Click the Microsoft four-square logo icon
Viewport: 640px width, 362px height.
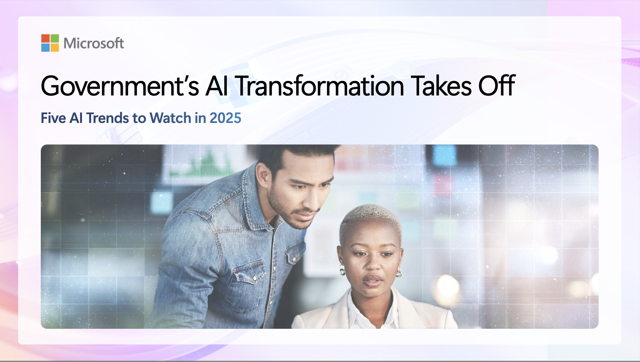(x=50, y=43)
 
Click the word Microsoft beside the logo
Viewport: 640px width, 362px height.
(x=94, y=43)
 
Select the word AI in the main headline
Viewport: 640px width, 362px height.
(x=217, y=86)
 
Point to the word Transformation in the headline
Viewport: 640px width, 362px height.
(x=320, y=86)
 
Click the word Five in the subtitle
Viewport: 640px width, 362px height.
(x=53, y=118)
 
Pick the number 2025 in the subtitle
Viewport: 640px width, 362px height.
(x=225, y=118)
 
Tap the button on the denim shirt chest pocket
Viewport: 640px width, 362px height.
(x=254, y=278)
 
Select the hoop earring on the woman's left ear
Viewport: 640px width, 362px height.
(x=399, y=273)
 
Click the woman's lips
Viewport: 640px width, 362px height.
(x=372, y=280)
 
